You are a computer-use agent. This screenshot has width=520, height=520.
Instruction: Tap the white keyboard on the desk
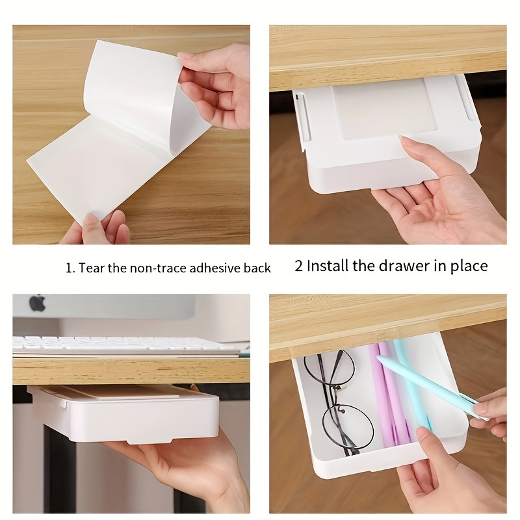[x=123, y=344]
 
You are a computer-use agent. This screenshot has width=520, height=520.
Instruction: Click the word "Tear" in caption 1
[x=95, y=268]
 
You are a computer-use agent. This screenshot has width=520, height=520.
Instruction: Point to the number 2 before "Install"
[x=298, y=266]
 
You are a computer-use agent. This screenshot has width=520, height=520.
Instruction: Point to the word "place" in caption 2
[x=466, y=266]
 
